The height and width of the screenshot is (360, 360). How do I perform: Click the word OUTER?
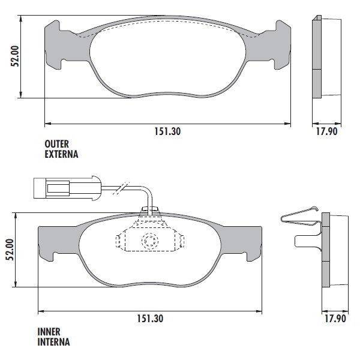coord(57,144)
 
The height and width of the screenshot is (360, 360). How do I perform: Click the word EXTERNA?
coord(61,154)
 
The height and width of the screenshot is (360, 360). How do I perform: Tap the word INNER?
coord(49,332)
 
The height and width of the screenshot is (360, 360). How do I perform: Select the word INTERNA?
coord(54,342)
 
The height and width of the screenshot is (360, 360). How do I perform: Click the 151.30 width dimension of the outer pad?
coord(167,131)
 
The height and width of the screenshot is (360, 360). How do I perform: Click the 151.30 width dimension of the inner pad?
coord(150,319)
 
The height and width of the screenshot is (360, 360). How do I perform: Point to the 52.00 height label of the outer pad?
coord(15,56)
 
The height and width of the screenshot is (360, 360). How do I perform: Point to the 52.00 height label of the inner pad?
coord(10,250)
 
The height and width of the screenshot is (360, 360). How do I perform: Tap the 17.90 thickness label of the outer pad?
coord(327,131)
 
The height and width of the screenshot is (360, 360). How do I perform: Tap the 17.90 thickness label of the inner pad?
coord(335,319)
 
